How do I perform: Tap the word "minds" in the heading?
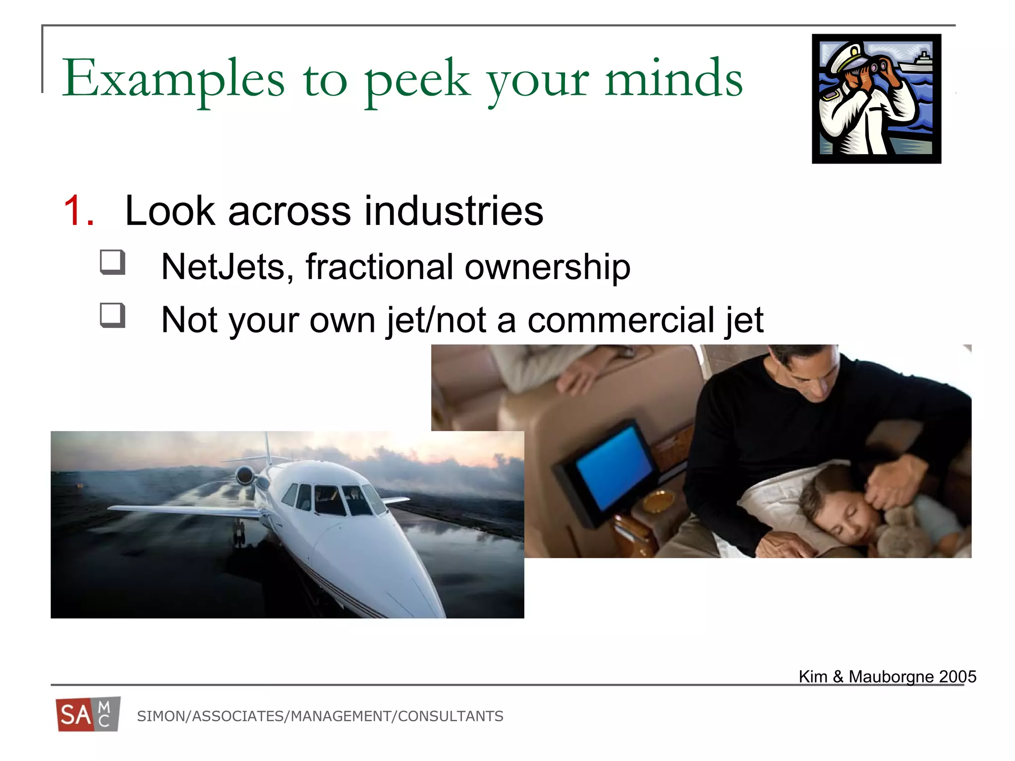pos(674,78)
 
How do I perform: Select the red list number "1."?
pos(79,211)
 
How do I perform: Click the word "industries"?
pos(453,211)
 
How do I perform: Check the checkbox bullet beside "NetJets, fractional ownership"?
pos(112,262)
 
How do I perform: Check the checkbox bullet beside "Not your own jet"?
pos(112,315)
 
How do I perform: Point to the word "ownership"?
pos(547,267)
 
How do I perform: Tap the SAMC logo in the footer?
pos(88,714)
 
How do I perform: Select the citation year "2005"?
pos(957,677)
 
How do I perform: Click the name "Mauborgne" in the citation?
pos(891,677)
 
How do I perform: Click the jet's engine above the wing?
pos(245,476)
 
